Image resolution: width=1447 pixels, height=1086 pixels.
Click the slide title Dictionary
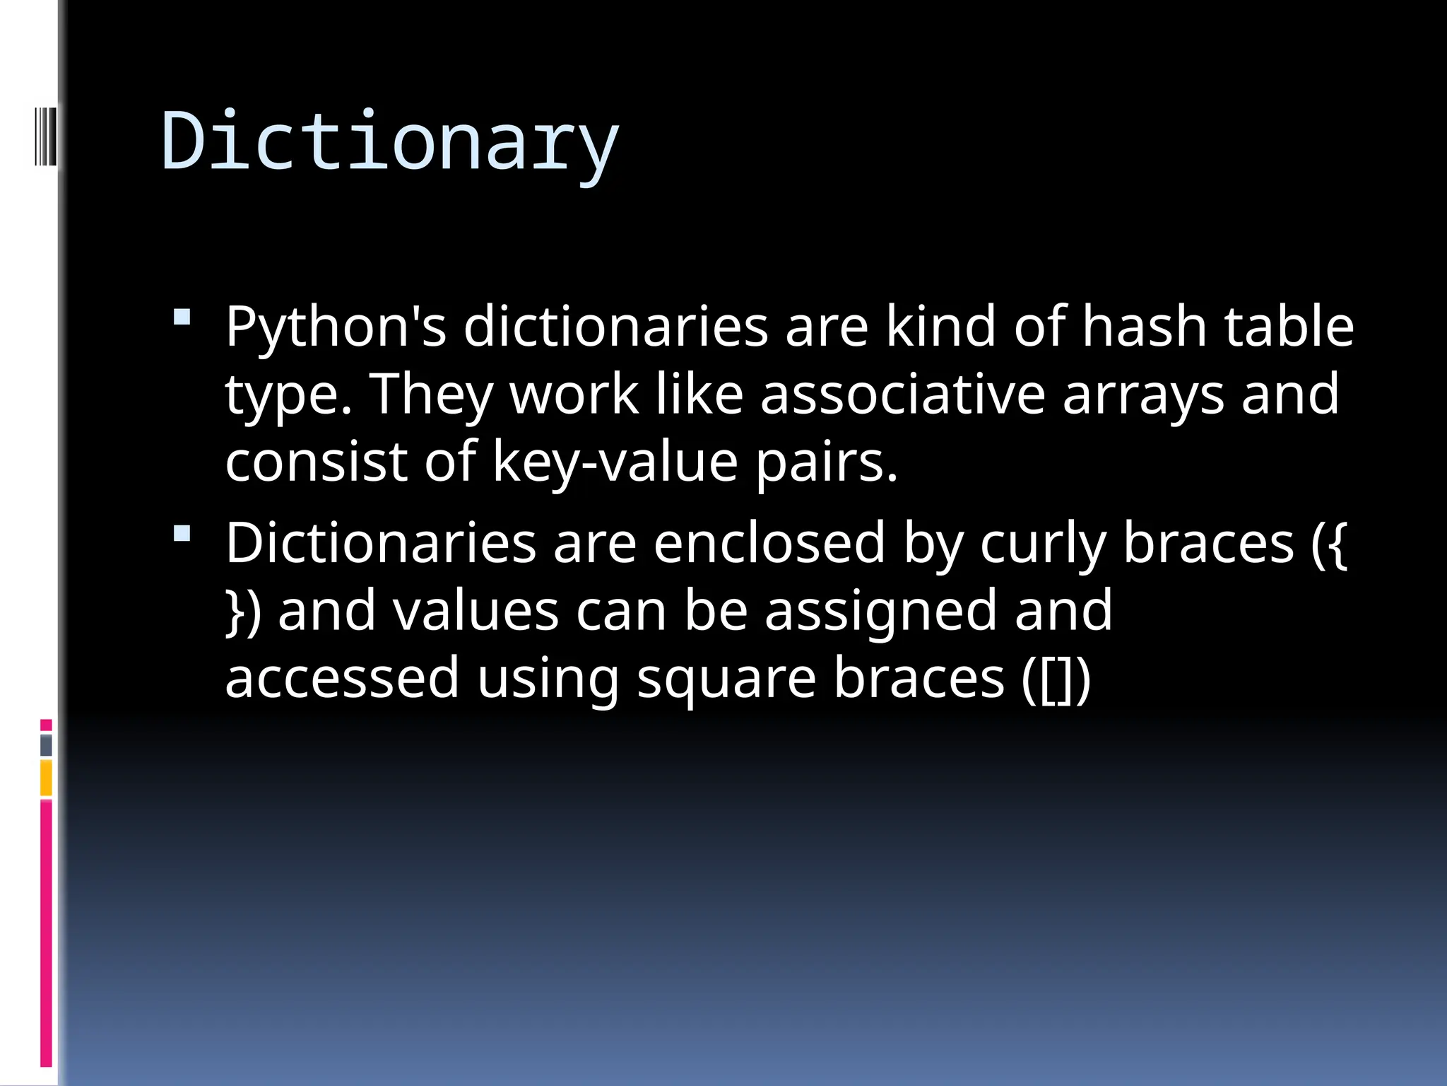pos(390,141)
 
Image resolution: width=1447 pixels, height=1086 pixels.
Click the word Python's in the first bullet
pos(336,327)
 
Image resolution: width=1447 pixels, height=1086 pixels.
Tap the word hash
pos(1144,327)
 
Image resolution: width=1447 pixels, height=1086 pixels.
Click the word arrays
pos(1143,394)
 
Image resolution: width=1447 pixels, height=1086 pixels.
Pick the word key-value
pos(615,461)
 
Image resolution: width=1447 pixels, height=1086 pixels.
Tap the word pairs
pos(827,461)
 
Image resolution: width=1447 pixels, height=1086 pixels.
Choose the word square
pos(726,677)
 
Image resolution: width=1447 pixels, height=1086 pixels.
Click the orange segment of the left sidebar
pos(46,778)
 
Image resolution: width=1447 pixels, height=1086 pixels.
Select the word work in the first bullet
pos(574,394)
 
